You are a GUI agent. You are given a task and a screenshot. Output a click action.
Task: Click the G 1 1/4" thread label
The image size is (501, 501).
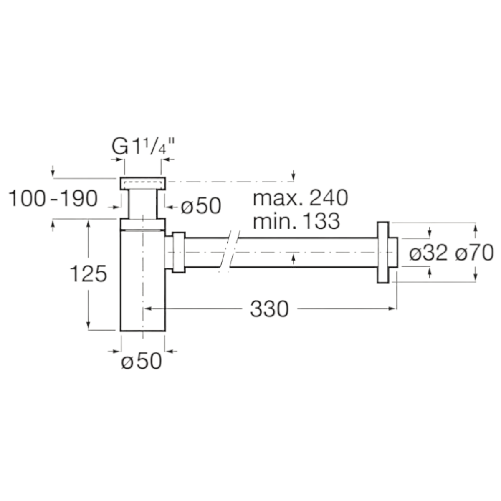(x=143, y=147)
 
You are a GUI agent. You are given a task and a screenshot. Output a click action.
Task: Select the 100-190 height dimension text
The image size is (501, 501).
(x=53, y=199)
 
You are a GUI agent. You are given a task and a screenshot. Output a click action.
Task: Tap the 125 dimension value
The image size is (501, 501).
(x=88, y=273)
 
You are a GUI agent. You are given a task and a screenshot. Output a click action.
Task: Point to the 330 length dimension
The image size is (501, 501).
(x=269, y=309)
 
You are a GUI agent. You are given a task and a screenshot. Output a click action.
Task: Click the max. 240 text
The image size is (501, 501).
(x=300, y=198)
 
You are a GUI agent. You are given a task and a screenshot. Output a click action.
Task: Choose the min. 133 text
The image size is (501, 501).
(x=296, y=221)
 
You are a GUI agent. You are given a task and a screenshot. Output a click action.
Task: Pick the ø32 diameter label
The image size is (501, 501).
(x=428, y=253)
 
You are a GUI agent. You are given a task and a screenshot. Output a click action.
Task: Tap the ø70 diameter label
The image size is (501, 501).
(x=474, y=253)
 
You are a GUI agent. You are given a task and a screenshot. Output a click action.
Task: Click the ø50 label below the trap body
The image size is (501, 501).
(x=142, y=361)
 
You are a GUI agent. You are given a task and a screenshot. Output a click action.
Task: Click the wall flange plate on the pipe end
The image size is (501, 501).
(x=383, y=253)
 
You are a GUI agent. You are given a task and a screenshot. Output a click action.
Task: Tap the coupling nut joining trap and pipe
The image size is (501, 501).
(x=179, y=253)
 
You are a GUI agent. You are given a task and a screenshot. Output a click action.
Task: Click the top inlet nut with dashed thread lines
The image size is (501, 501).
(x=143, y=183)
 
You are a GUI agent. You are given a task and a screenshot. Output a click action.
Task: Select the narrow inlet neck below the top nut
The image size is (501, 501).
(x=143, y=204)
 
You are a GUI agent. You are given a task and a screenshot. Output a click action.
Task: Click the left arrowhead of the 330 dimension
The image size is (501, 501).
(x=148, y=309)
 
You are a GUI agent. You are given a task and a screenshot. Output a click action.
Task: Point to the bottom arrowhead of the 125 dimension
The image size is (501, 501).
(x=88, y=326)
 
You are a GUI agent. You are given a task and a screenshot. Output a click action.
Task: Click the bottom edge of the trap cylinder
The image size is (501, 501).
(x=143, y=331)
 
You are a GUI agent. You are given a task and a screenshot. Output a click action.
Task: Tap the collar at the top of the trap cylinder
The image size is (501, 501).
(x=143, y=224)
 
